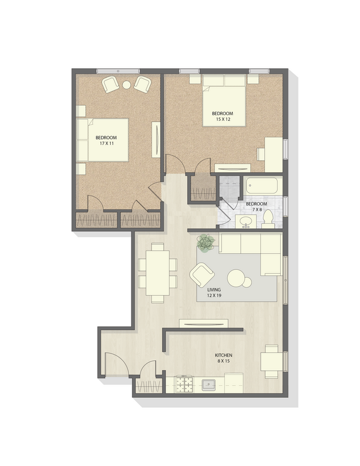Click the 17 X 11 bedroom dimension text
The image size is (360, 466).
click(x=106, y=144)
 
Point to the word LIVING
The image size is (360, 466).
click(x=214, y=289)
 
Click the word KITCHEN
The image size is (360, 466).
click(x=224, y=355)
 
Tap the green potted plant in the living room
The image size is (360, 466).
click(x=206, y=243)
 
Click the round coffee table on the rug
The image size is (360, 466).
click(x=239, y=278)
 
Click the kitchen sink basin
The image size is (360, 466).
click(x=209, y=383)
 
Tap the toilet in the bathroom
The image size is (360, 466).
click(x=268, y=219)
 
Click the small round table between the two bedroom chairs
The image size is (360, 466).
click(x=126, y=85)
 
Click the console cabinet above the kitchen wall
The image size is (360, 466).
click(x=203, y=324)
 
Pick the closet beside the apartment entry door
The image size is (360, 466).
click(x=148, y=384)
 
